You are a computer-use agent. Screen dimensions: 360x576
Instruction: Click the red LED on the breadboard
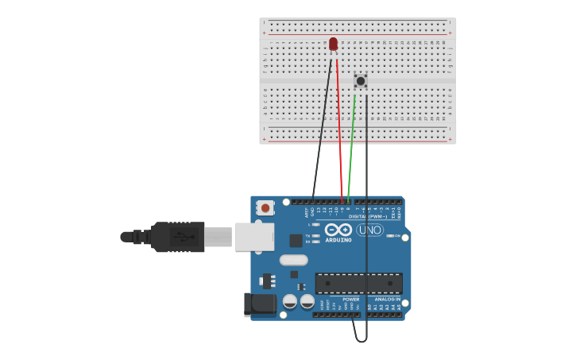(x=333, y=44)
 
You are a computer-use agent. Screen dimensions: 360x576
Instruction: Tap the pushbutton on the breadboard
(x=360, y=81)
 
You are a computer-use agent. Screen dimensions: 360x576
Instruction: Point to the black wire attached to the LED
(x=323, y=127)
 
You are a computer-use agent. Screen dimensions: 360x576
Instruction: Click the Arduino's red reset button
(x=265, y=208)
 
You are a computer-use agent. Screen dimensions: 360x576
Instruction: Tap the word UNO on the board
(x=369, y=230)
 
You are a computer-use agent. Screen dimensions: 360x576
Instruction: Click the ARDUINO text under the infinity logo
(x=338, y=239)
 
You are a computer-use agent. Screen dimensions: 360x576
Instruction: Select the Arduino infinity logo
(x=338, y=230)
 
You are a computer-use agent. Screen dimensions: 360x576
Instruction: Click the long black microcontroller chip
(x=358, y=283)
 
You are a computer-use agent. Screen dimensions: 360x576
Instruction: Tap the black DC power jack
(x=260, y=305)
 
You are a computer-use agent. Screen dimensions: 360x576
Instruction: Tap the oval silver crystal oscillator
(x=293, y=260)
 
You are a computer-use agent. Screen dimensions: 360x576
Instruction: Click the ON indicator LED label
(x=396, y=236)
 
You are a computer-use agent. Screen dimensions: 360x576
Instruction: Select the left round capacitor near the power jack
(x=290, y=301)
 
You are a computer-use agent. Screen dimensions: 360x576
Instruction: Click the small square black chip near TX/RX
(x=296, y=240)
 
